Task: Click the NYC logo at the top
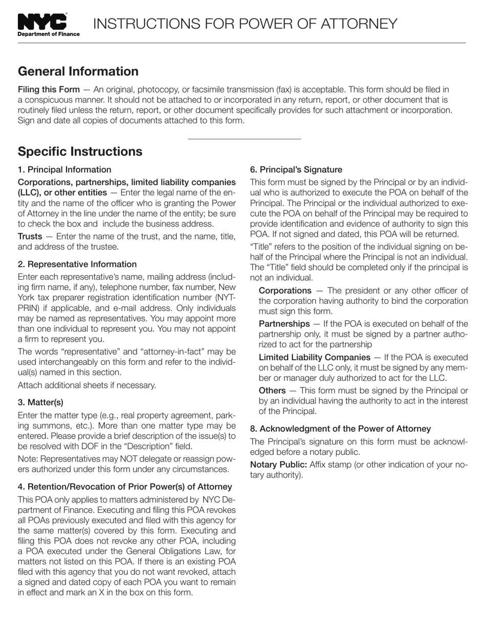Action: pos(42,22)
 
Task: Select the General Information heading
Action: pos(78,71)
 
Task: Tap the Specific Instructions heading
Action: pos(80,151)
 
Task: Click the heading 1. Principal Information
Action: pos(64,170)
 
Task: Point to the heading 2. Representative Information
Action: pos(77,264)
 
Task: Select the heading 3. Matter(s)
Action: pos(40,403)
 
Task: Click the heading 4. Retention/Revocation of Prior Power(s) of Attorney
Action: pos(125,487)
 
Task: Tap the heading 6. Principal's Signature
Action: pos(296,170)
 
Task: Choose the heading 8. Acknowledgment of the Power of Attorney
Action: pos(340,429)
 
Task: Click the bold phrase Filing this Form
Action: pos(49,90)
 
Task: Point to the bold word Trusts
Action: pos(30,236)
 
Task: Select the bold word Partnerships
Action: pos(284,324)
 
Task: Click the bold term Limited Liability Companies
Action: pos(314,357)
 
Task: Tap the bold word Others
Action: pos(272,390)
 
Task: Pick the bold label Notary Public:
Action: pos(278,465)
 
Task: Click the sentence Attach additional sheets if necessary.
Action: pos(87,385)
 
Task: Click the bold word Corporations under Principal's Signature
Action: pos(284,290)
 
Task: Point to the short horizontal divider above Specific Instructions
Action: pos(244,139)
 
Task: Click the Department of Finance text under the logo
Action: pos(49,34)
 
